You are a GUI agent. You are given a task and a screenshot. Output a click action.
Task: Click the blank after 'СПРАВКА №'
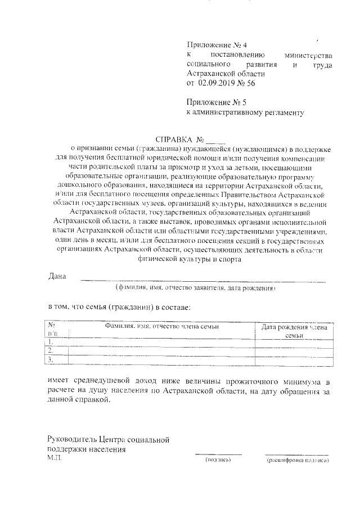(215, 140)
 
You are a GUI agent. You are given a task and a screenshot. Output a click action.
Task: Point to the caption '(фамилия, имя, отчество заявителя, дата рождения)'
(195, 287)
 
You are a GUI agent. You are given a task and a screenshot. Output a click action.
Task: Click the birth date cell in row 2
(294, 350)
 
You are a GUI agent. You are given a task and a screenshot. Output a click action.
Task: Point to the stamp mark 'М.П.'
(55, 459)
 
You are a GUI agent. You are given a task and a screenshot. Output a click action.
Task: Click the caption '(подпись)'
(218, 460)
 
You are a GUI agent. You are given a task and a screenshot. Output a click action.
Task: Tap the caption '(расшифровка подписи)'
(297, 460)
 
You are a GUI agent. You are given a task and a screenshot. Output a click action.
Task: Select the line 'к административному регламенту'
(245, 112)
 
